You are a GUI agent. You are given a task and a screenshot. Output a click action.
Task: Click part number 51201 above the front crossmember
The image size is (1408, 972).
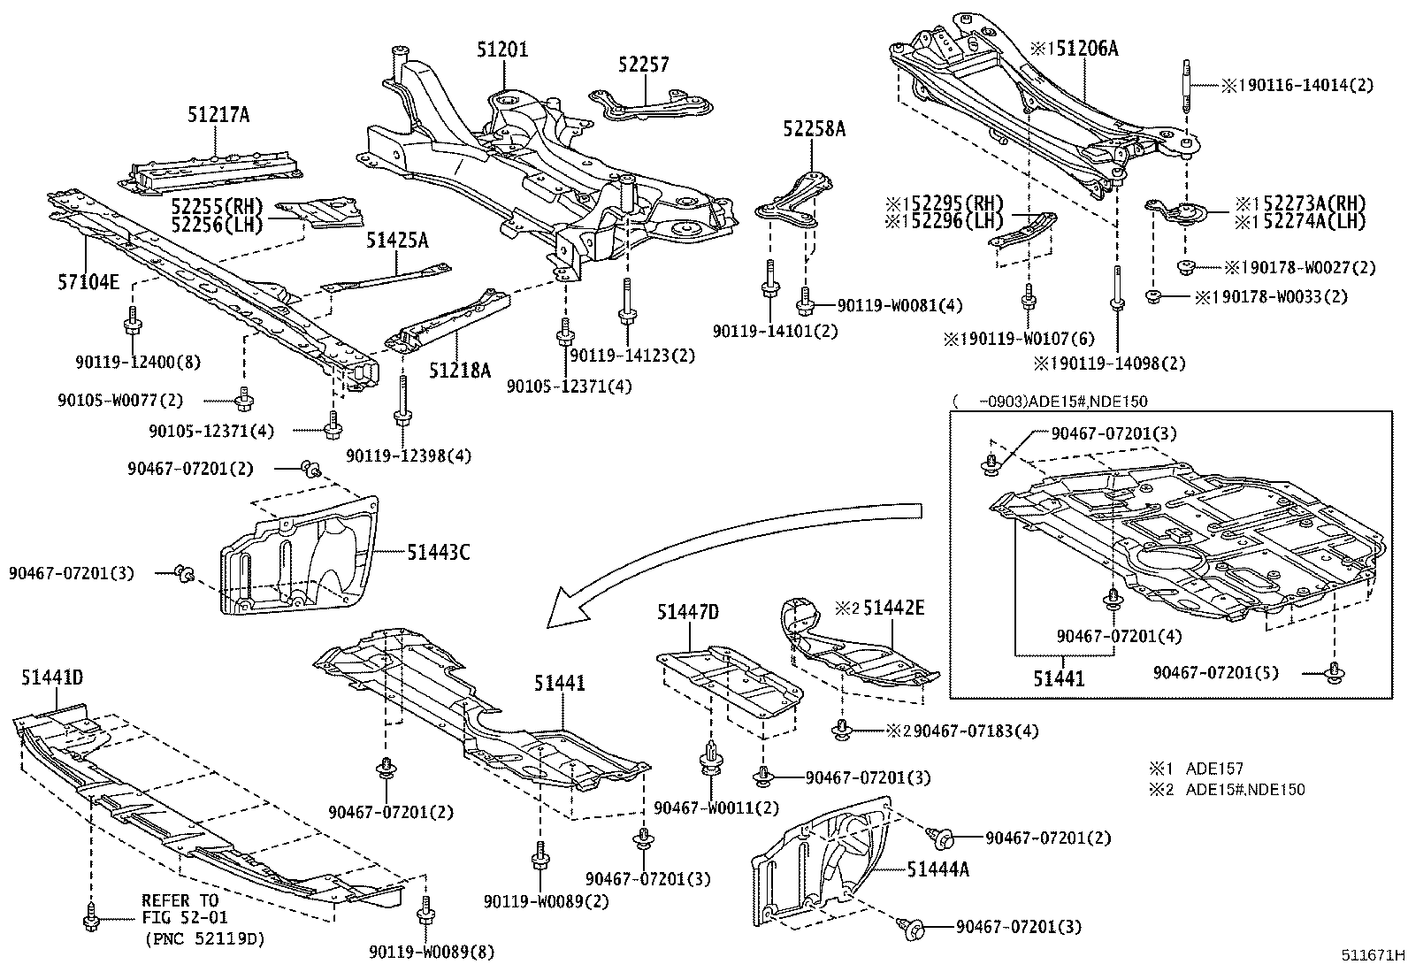point(502,49)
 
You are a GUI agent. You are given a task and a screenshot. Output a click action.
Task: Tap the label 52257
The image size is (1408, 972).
point(644,65)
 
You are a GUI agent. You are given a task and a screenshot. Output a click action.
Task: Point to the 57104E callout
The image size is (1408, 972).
point(89,281)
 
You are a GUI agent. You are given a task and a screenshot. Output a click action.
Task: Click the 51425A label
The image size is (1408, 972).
point(398,240)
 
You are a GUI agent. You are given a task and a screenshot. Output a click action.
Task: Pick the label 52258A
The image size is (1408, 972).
point(814,130)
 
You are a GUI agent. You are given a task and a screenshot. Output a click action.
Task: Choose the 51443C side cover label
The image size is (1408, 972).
point(439,553)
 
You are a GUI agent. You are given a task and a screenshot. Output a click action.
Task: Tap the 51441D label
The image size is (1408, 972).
point(52,677)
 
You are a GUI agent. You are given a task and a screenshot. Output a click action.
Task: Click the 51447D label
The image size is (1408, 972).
point(688,611)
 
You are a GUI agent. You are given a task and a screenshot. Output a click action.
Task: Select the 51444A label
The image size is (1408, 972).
point(937,869)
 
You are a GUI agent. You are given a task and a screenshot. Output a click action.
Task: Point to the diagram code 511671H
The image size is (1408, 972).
point(1371,955)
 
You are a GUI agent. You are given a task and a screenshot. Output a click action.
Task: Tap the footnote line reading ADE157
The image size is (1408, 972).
point(1213,769)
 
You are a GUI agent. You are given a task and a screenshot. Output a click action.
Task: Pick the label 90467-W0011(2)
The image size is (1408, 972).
point(717,807)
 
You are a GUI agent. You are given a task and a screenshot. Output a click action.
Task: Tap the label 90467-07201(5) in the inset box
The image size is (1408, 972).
point(1216,672)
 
